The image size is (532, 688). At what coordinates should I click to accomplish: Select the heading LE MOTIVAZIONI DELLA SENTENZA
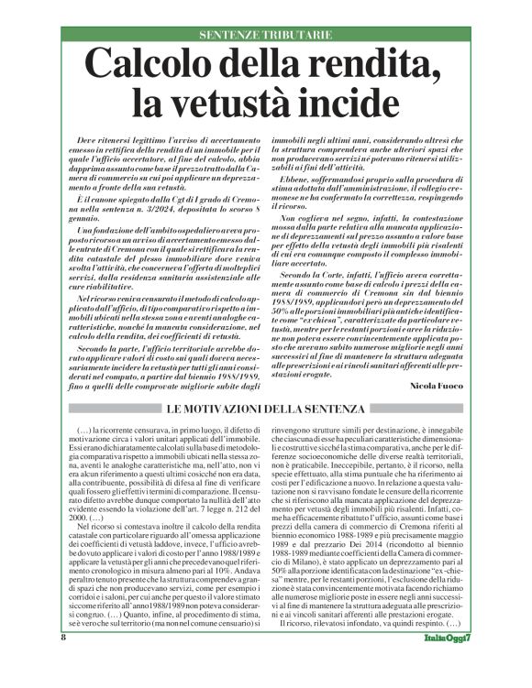click(x=266, y=408)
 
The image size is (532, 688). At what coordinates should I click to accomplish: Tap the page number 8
click(x=63, y=662)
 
